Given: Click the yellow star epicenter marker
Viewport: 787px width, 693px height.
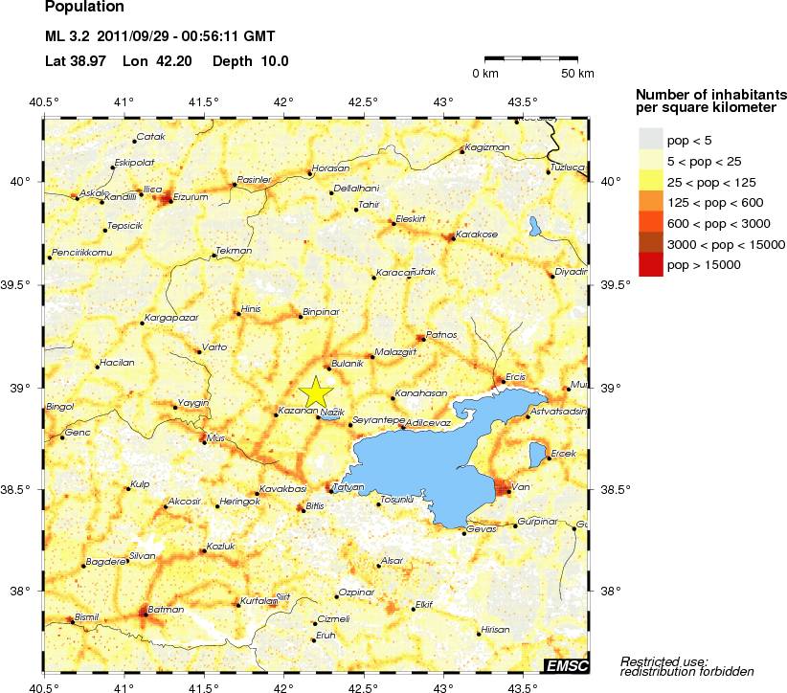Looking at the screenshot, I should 315,393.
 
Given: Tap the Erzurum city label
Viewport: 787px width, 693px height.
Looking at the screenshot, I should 191,196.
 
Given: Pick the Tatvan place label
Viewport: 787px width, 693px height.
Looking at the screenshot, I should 348,487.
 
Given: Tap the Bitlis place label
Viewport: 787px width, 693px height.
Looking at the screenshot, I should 315,504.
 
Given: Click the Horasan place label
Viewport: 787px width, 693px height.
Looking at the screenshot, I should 331,168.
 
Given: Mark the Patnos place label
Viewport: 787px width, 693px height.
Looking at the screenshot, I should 441,334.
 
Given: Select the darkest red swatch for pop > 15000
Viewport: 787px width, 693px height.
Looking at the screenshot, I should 650,264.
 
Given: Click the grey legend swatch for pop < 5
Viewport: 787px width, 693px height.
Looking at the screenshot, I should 650,140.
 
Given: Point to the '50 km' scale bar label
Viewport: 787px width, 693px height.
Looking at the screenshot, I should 577,74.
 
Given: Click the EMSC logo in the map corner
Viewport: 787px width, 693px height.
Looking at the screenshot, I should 566,664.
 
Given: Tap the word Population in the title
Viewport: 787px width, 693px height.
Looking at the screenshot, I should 84,8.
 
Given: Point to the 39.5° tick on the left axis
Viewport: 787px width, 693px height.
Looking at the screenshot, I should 22,284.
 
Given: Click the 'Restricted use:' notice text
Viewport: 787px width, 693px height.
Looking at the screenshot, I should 663,660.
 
